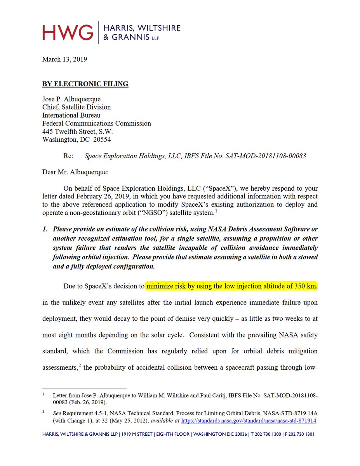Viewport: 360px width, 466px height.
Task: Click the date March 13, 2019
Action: coord(64,59)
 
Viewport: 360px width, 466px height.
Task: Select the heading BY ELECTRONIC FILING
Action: coord(85,84)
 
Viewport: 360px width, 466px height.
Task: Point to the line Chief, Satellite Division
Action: coord(77,107)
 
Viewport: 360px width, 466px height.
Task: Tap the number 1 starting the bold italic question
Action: coord(45,230)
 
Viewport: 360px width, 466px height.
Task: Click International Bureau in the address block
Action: coord(71,115)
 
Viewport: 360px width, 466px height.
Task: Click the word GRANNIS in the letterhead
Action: coord(128,38)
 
